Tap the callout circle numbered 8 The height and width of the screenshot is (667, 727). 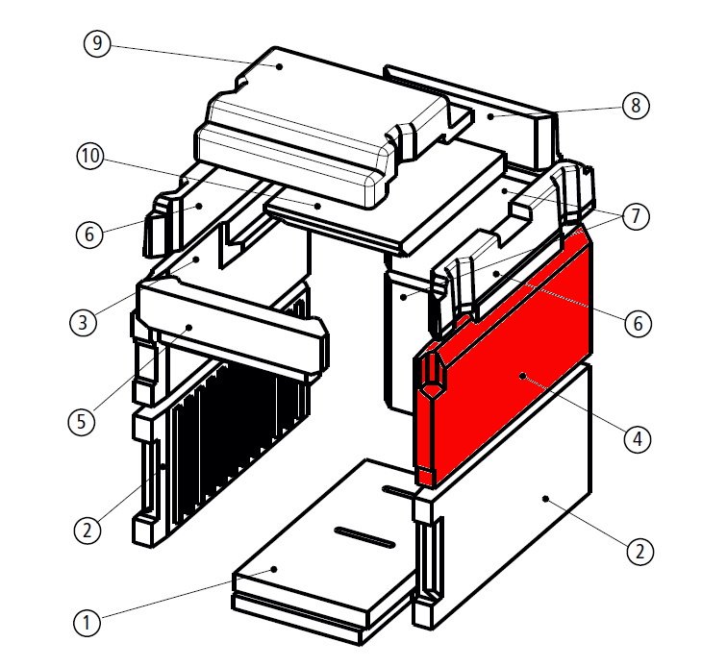634,105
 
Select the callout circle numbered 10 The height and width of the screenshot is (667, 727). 89,158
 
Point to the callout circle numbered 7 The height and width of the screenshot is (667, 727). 635,217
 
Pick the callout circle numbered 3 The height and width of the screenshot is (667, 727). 84,321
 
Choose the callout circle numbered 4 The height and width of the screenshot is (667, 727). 635,440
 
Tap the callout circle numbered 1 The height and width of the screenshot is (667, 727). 87,622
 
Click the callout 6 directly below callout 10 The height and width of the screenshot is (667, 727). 88,233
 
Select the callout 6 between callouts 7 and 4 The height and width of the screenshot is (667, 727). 635,324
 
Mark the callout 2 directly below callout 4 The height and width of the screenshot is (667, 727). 635,552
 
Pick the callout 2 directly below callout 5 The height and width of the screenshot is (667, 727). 87,528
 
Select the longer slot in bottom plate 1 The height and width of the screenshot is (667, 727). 363,536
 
